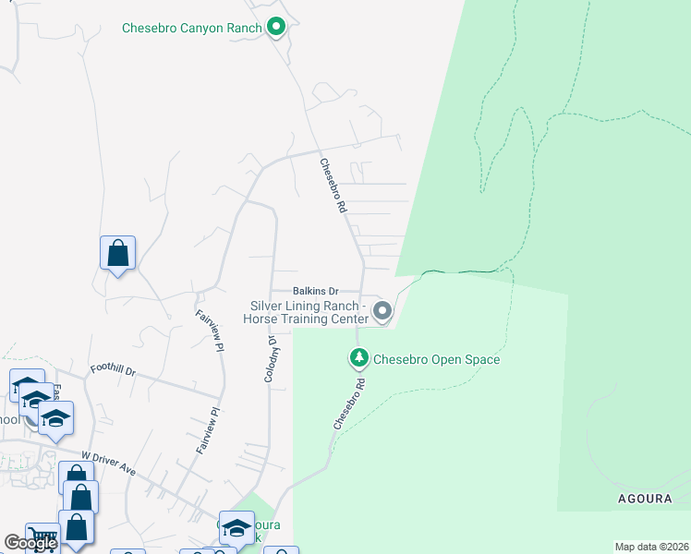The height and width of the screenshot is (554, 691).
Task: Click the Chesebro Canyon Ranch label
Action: click(192, 28)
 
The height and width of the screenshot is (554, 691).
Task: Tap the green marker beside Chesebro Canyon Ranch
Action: click(275, 28)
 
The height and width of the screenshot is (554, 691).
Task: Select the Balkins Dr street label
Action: click(316, 290)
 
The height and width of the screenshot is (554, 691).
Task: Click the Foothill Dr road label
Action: click(113, 371)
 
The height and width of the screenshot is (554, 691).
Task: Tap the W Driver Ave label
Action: click(108, 464)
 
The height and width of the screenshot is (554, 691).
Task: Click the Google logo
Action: click(30, 543)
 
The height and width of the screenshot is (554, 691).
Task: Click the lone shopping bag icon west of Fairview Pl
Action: click(118, 253)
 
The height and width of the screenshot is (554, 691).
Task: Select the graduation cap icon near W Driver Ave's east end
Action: click(236, 528)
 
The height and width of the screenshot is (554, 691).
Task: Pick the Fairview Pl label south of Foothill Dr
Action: click(208, 430)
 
